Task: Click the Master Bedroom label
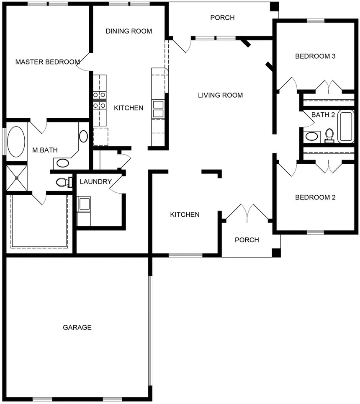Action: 47,62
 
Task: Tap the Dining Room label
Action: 129,31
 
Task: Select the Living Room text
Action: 220,95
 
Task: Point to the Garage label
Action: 77,327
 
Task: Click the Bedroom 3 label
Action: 315,56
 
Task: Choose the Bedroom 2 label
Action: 315,197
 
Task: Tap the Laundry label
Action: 95,181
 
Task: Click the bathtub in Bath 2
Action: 346,127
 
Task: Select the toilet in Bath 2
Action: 329,135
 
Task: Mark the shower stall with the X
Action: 16,178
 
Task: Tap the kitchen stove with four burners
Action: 99,101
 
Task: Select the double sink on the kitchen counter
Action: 158,109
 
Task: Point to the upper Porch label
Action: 222,18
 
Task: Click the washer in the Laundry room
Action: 85,204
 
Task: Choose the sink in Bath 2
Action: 311,136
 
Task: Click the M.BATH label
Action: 45,150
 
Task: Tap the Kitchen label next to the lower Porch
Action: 185,215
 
